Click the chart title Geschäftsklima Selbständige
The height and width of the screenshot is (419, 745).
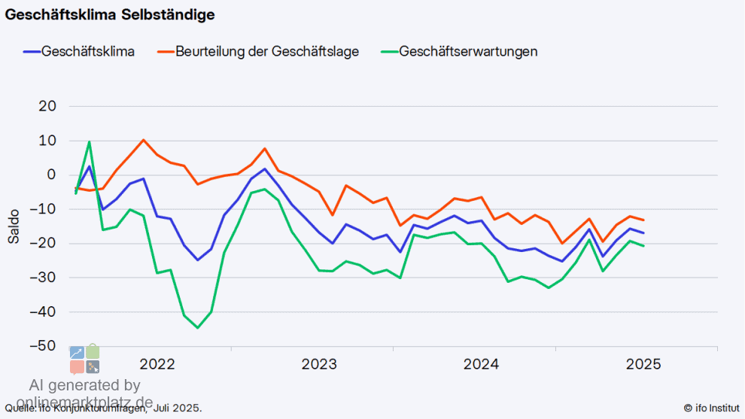[111, 14]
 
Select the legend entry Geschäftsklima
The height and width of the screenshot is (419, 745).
[88, 52]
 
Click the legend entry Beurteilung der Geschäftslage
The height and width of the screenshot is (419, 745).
[267, 52]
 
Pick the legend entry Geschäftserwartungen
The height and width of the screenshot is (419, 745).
[468, 52]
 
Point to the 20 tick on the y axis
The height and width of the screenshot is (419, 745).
[47, 106]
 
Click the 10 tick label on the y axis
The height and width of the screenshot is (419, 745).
[47, 141]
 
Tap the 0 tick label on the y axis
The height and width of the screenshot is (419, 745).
[51, 175]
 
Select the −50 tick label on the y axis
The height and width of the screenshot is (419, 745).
[44, 346]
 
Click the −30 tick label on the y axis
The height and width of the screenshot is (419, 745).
[44, 278]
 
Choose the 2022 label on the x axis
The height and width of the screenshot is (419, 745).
[157, 365]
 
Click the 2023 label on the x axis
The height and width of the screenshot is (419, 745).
[319, 365]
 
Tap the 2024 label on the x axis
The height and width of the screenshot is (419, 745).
[481, 365]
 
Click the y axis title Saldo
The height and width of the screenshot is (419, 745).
[14, 226]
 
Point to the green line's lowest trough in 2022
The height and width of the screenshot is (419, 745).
[198, 327]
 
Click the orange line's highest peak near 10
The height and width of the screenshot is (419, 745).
[144, 140]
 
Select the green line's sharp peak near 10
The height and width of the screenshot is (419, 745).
[90, 141]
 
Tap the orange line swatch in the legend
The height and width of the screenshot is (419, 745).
[165, 52]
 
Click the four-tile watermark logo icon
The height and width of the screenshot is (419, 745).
[85, 359]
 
